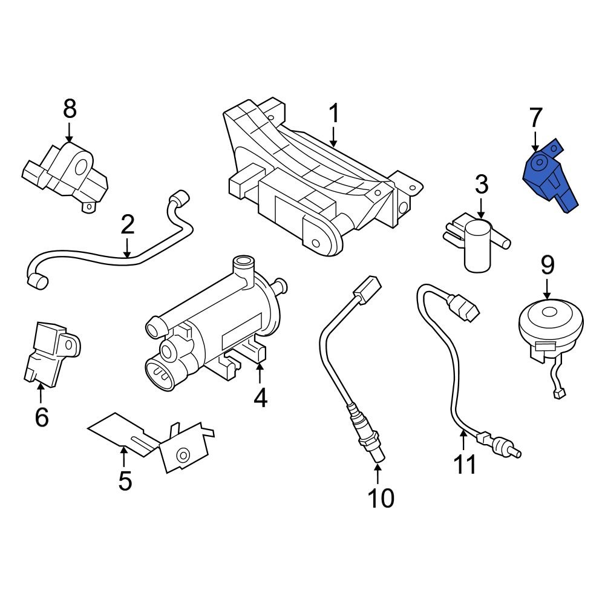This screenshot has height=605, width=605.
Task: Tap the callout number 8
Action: pos(70,110)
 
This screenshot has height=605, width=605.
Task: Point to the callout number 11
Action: pos(465,465)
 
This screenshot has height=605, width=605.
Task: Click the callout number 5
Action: pos(125,481)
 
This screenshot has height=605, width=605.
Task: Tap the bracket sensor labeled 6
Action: pos(51,354)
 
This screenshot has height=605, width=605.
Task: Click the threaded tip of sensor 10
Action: pos(377,457)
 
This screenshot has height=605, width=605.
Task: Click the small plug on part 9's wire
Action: pos(559,394)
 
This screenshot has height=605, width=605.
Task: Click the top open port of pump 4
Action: pos(244,264)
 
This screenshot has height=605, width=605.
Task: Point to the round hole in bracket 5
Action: pos(182,454)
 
